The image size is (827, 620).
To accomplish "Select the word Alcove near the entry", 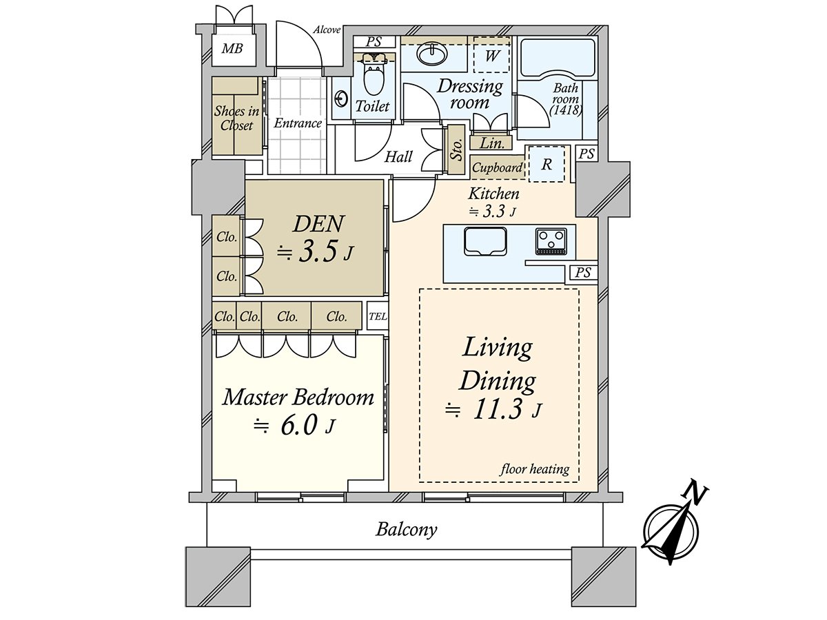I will click(327, 30).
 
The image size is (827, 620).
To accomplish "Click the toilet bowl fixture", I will click(373, 79).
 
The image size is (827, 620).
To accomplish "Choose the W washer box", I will click(492, 56).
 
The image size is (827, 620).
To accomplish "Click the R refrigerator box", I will click(547, 165).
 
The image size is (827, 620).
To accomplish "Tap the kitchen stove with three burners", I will click(551, 241).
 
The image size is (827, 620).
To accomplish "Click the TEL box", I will click(378, 317).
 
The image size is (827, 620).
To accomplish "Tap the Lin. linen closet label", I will click(491, 143).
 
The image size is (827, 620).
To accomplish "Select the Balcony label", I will click(407, 530).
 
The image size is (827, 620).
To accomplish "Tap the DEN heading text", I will click(318, 224).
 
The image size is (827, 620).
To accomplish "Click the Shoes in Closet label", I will click(236, 118).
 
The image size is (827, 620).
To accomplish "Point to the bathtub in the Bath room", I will click(557, 59).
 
